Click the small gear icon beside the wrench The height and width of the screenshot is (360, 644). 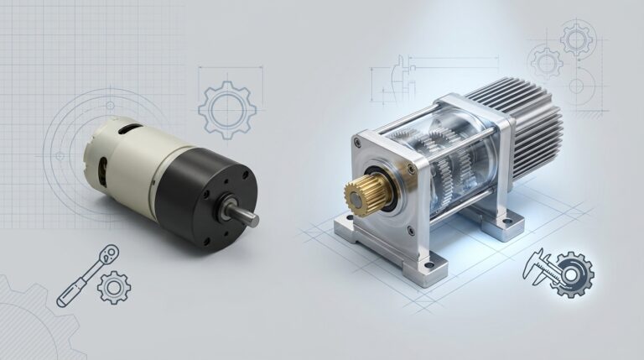113,287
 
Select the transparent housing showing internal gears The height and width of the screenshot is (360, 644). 444,155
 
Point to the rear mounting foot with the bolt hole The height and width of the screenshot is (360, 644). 504,222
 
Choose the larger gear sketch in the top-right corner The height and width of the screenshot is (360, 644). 579,39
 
